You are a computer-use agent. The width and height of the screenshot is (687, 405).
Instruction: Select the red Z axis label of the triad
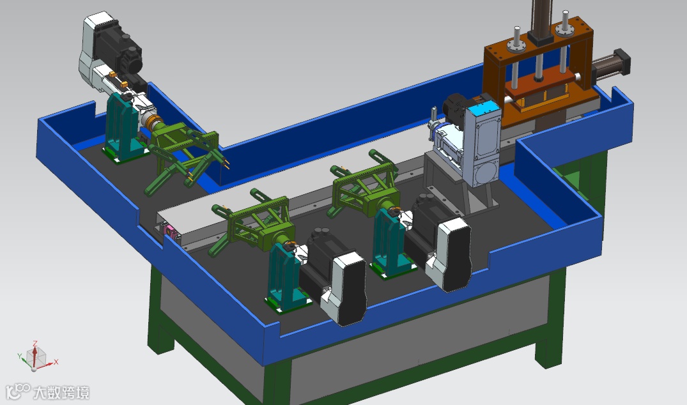pyautogui.click(x=35, y=343)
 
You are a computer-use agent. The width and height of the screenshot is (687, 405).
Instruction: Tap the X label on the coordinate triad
pyautogui.click(x=56, y=362)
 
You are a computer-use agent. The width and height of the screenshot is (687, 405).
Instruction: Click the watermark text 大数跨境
pyautogui.click(x=61, y=392)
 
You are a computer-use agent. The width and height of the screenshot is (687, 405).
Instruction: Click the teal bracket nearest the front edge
pyautogui.click(x=285, y=276)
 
